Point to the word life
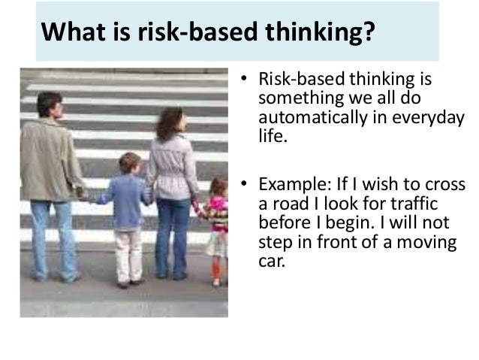(271, 137)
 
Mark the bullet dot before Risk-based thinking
(243, 81)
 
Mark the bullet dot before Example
(243, 186)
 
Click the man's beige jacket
(49, 162)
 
